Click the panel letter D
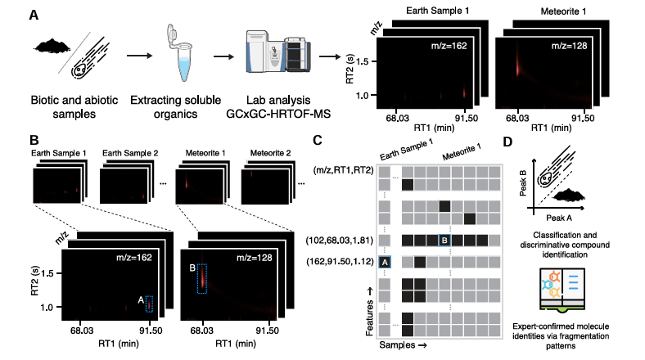point(509,142)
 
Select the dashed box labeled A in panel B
point(149,303)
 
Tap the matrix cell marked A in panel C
point(385,262)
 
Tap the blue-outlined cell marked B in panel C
point(444,241)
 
